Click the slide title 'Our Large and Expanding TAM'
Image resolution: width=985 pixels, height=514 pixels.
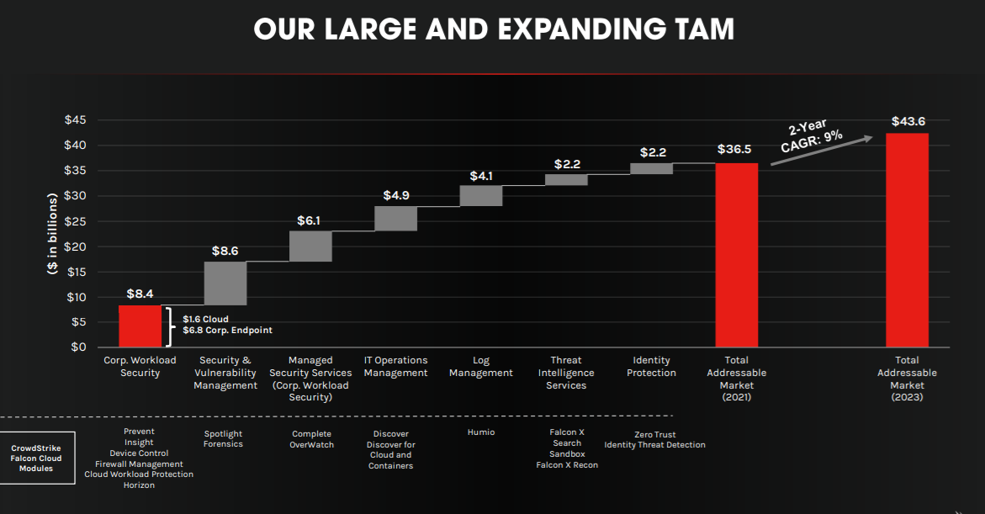(x=493, y=29)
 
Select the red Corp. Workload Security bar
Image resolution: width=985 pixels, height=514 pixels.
(x=140, y=326)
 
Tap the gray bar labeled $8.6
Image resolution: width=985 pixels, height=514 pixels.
(x=225, y=283)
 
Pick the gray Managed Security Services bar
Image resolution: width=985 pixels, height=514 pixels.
(x=310, y=246)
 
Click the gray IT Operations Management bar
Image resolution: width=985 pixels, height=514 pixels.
(x=395, y=218)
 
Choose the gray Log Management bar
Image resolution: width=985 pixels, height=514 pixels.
(x=481, y=195)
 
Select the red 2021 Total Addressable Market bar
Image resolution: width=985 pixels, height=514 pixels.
(x=736, y=255)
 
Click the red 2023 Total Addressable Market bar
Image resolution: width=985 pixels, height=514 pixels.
(x=907, y=240)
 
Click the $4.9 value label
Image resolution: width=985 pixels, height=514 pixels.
(x=396, y=195)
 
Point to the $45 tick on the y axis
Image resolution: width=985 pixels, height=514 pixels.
(x=76, y=120)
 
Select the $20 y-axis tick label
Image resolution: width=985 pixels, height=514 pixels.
(x=76, y=246)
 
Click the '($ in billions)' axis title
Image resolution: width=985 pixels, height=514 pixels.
(x=52, y=233)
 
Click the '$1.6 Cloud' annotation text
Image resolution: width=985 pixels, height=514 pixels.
(x=205, y=320)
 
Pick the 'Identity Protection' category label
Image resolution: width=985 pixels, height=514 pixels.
(x=651, y=367)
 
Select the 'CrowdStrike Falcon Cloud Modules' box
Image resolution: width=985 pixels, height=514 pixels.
(x=37, y=458)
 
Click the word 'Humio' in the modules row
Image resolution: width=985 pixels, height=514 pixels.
(x=481, y=432)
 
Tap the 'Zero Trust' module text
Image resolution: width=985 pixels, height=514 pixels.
(x=655, y=434)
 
